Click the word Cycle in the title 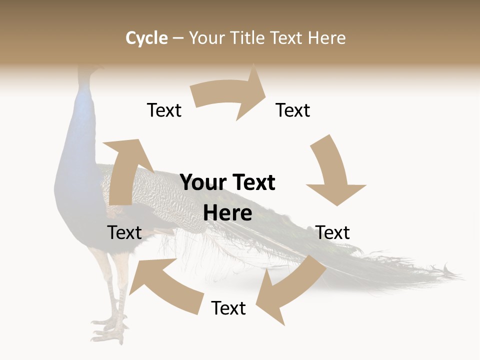146,38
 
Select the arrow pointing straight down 332,172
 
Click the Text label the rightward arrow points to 293,110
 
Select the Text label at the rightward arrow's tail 164,110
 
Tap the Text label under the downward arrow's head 332,232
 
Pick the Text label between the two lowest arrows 228,308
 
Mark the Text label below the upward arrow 124,232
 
